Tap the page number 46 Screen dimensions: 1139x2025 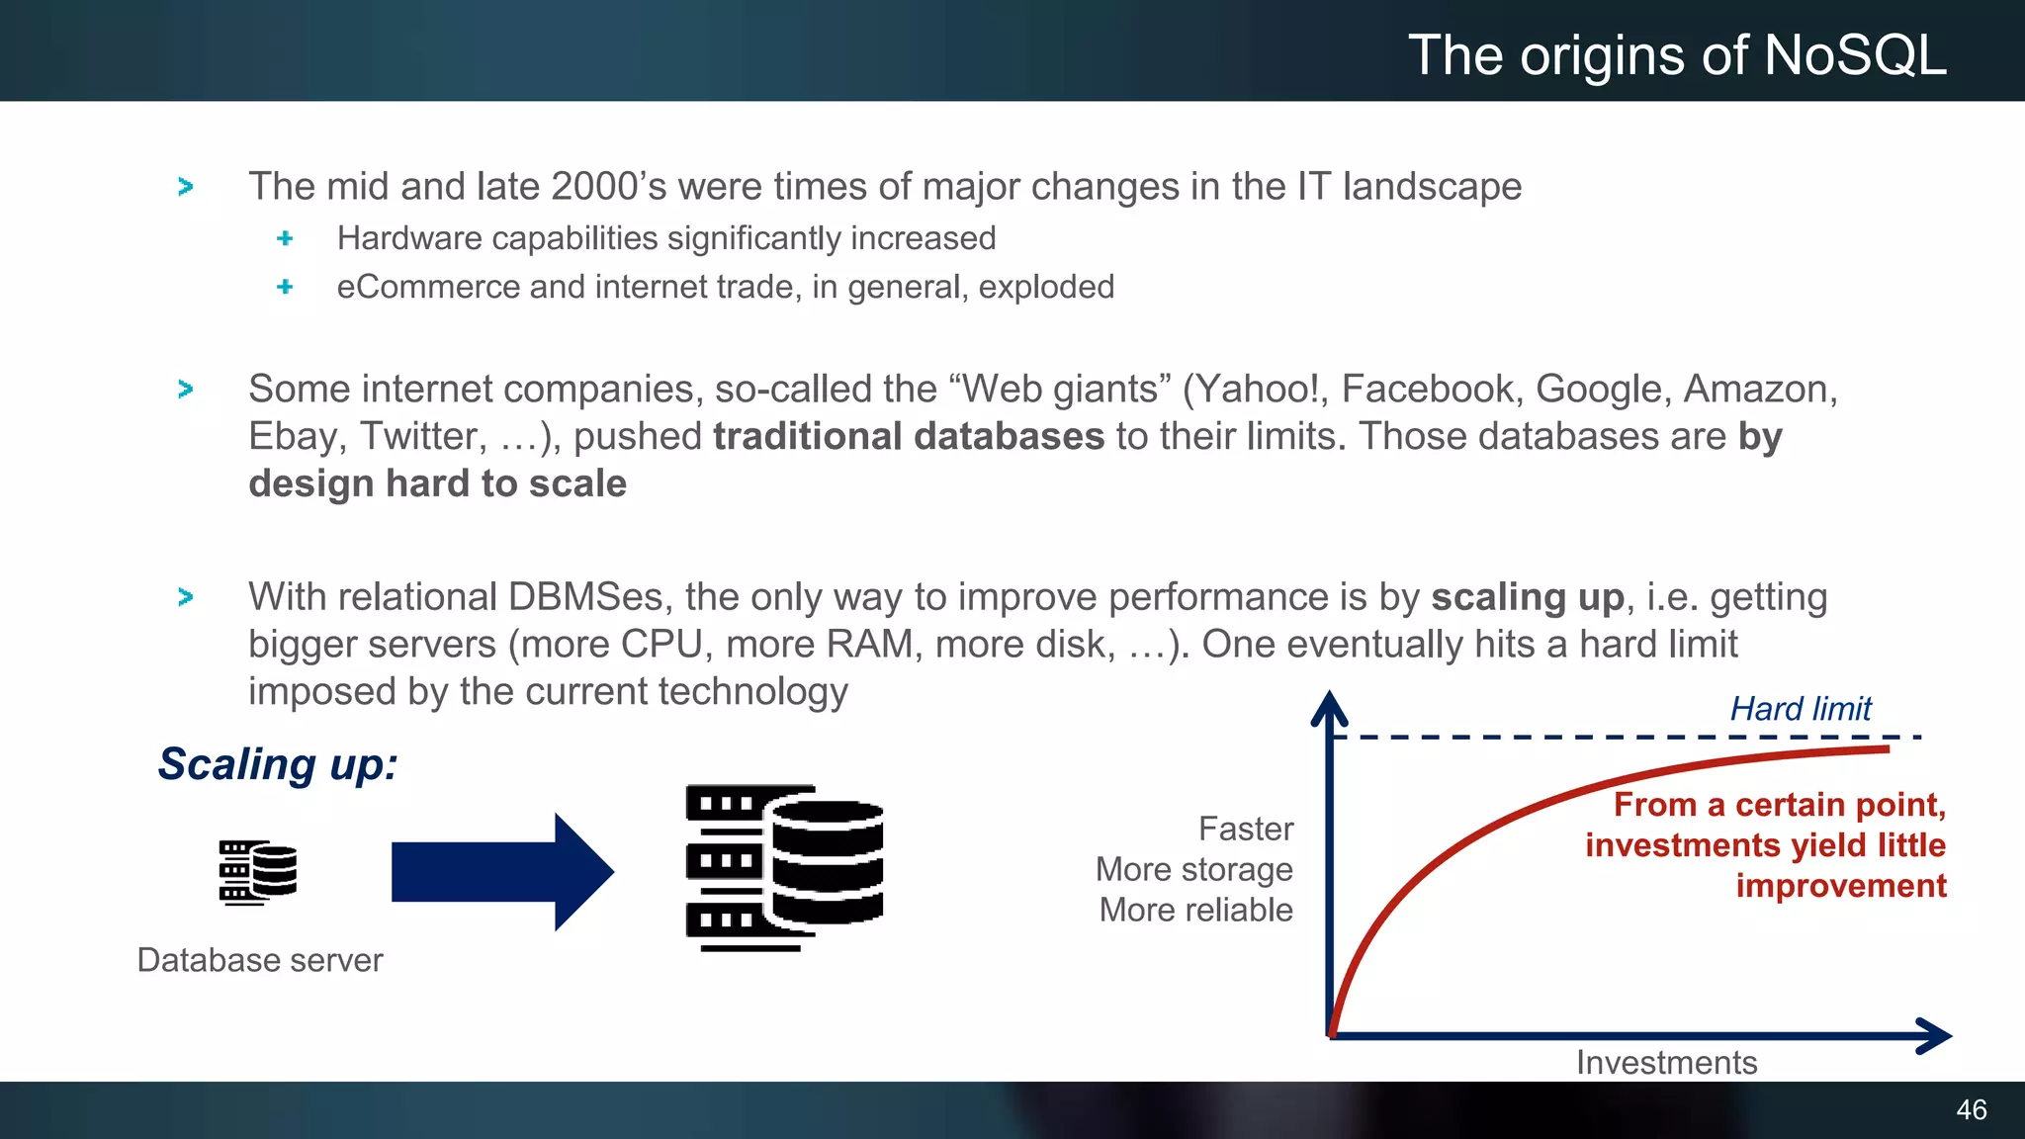(x=1971, y=1109)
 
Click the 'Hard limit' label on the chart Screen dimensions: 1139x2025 (x=1800, y=709)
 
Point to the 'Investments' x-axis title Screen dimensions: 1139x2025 (x=1666, y=1062)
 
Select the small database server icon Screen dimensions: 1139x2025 (x=257, y=872)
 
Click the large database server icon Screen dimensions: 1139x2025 (x=784, y=867)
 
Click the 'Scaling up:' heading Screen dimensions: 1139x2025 (x=278, y=764)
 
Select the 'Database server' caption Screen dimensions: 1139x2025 (x=259, y=960)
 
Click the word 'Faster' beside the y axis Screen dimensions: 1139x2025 (x=1245, y=829)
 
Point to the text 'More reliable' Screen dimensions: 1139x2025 (x=1195, y=910)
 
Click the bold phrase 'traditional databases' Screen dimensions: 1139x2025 (x=908, y=436)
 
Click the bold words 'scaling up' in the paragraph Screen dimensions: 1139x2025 (x=1527, y=597)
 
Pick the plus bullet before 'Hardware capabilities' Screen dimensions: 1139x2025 (x=285, y=238)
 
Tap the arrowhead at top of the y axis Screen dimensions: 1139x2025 (x=1329, y=707)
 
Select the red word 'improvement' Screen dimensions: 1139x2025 (x=1840, y=886)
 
